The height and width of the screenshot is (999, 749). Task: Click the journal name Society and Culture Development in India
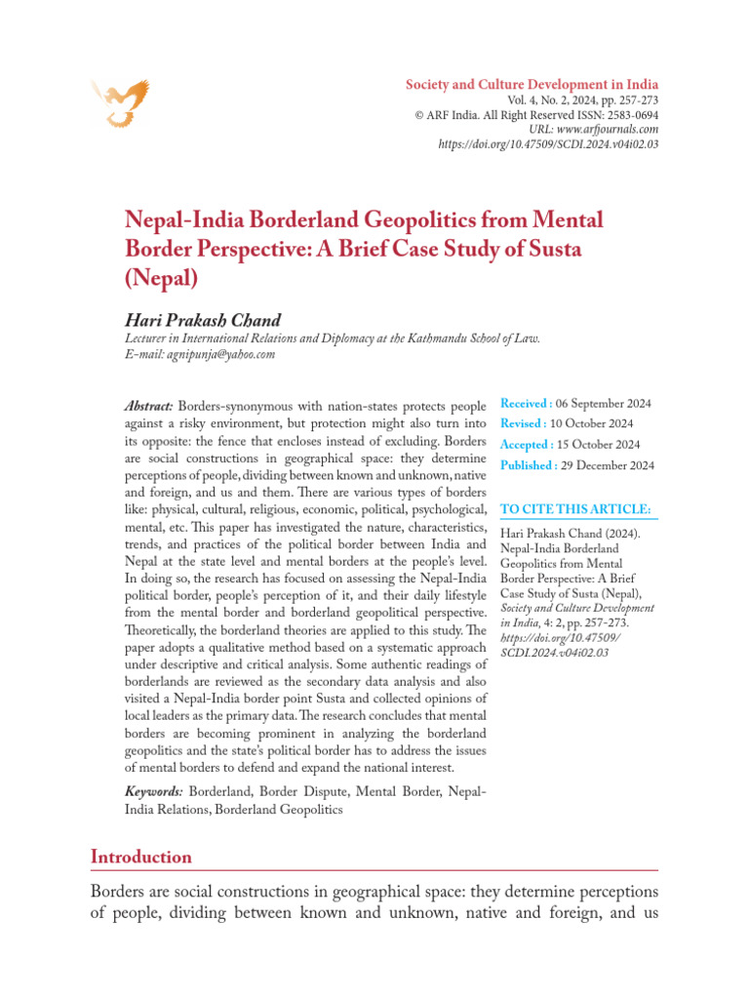(532, 84)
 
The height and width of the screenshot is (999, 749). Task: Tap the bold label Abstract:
(149, 405)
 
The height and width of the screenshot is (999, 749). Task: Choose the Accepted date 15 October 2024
(598, 444)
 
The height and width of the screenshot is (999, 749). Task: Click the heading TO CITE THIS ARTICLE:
(573, 509)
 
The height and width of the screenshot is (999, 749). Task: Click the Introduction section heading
(140, 857)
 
